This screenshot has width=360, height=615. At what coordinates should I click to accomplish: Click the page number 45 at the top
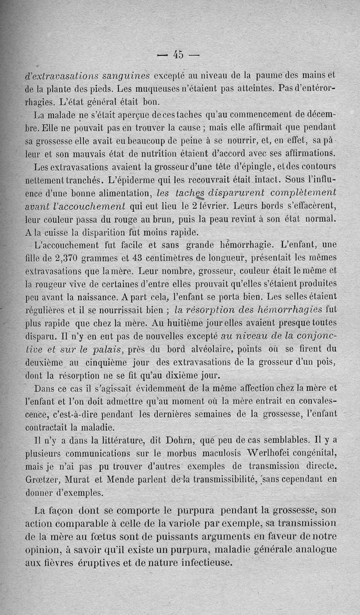(x=178, y=54)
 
